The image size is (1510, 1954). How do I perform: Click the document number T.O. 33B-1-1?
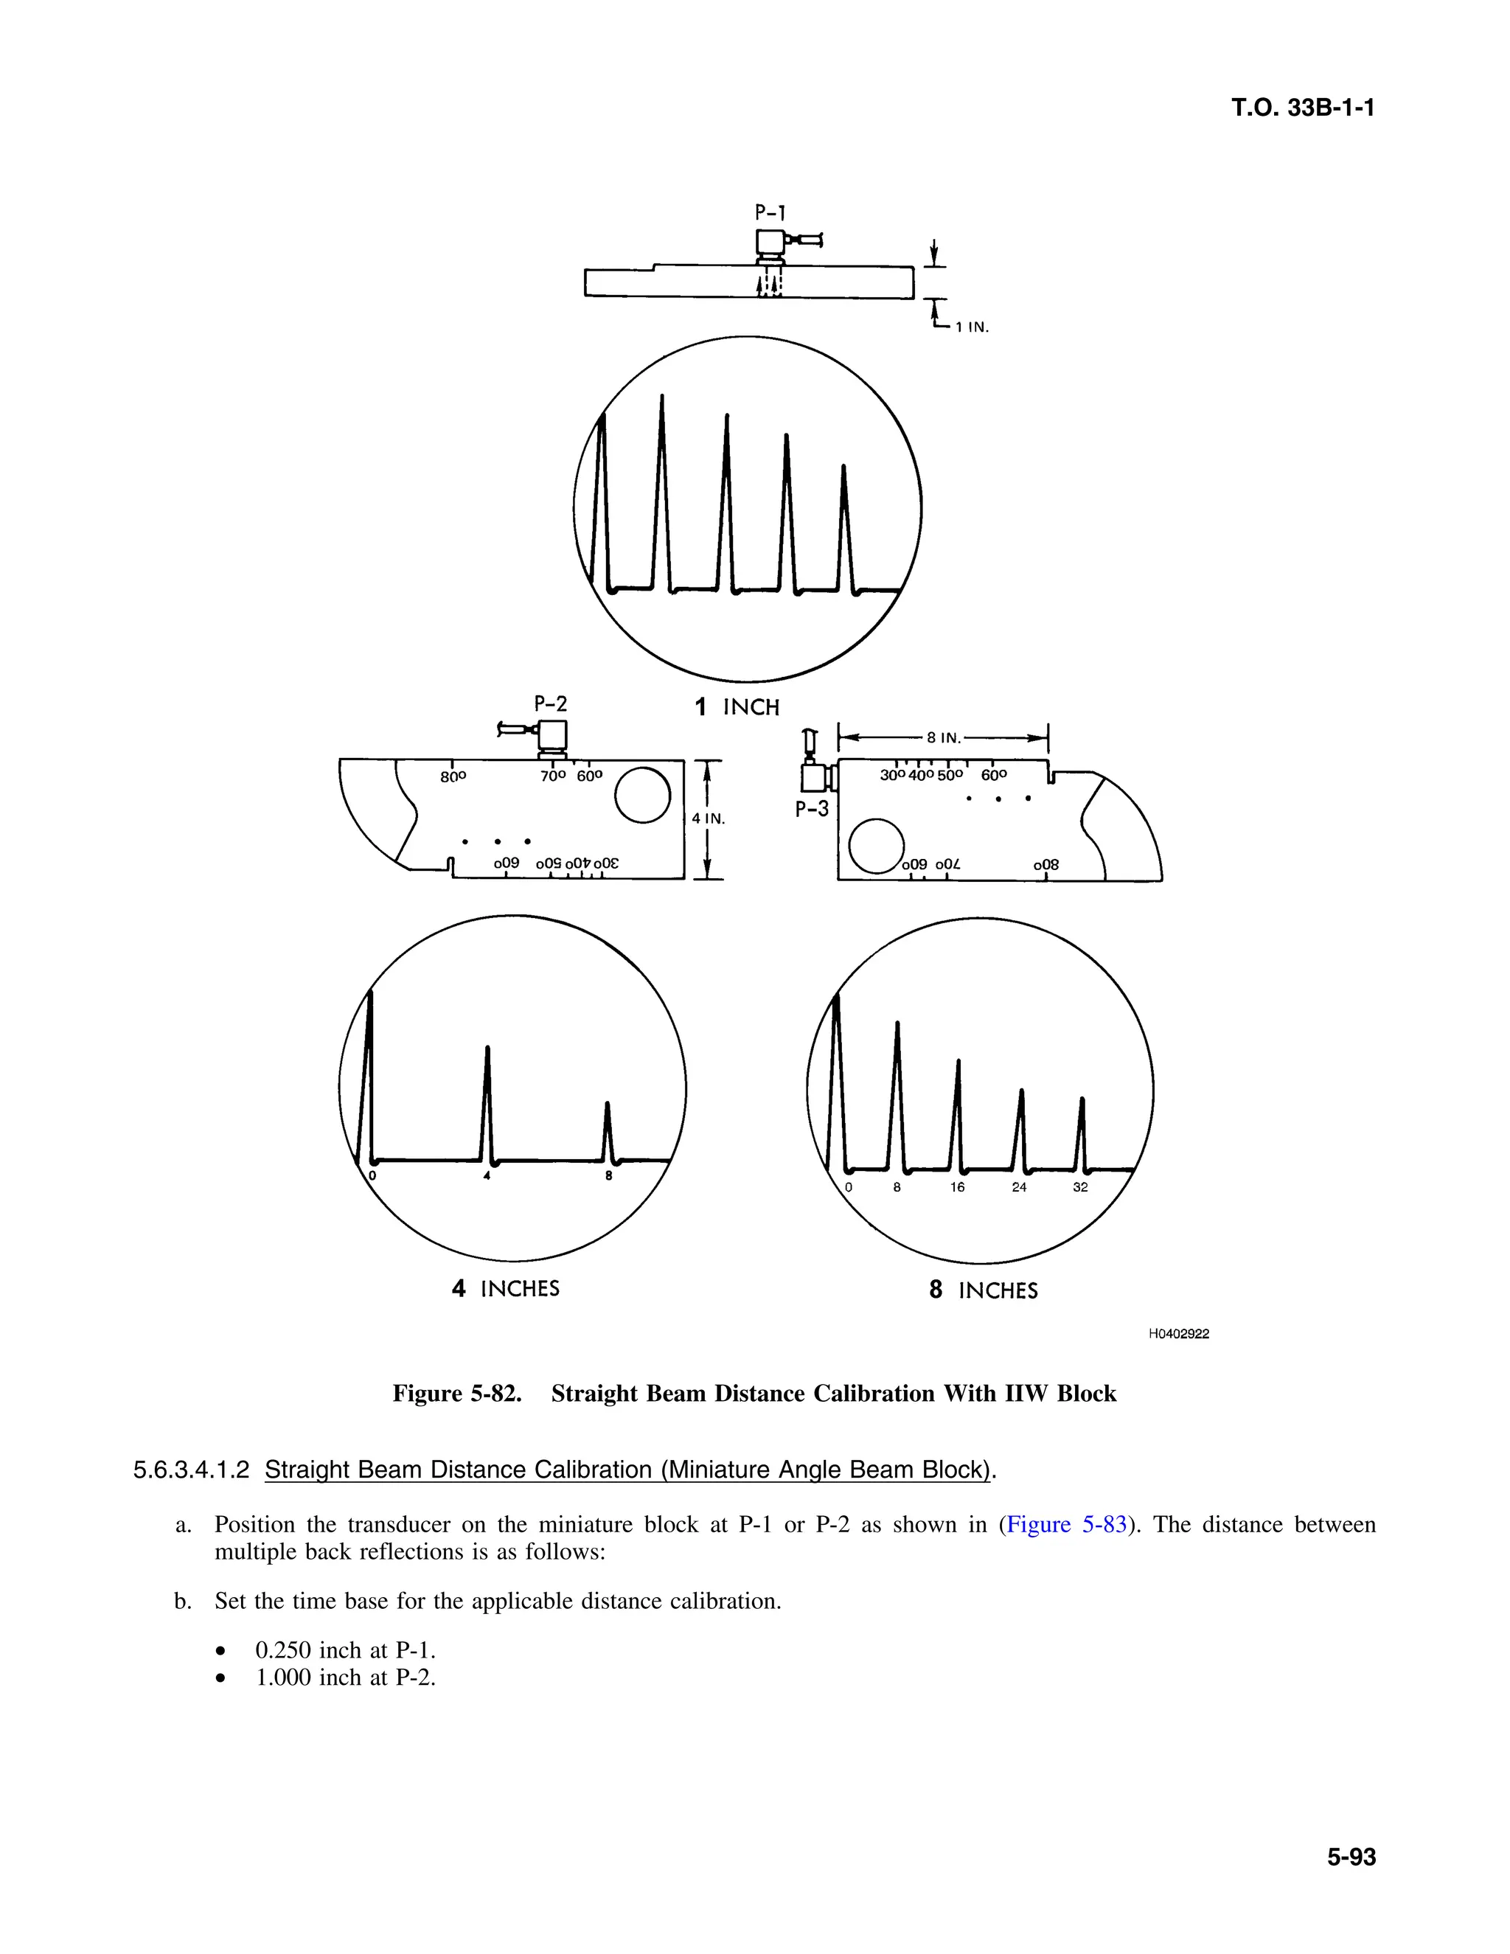pyautogui.click(x=1303, y=108)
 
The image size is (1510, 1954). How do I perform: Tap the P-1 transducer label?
pyautogui.click(x=770, y=213)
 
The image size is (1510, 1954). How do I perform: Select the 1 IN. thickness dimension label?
pyautogui.click(x=972, y=327)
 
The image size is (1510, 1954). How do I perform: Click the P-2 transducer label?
pyautogui.click(x=550, y=704)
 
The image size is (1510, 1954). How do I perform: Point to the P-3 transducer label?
pyautogui.click(x=813, y=810)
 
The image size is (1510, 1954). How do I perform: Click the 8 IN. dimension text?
pyautogui.click(x=943, y=738)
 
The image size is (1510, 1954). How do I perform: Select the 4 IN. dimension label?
pyautogui.click(x=709, y=818)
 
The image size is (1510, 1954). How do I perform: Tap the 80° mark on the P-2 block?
pyautogui.click(x=453, y=776)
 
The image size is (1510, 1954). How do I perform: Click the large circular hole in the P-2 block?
pyautogui.click(x=643, y=796)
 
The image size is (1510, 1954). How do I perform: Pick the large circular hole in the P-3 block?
pyautogui.click(x=877, y=846)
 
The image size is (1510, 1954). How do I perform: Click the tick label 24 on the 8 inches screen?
pyautogui.click(x=1019, y=1187)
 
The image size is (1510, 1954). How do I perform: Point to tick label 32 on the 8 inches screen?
pyautogui.click(x=1081, y=1187)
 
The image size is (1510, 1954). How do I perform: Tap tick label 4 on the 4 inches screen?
pyautogui.click(x=487, y=1177)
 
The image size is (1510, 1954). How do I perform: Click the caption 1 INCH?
pyautogui.click(x=737, y=708)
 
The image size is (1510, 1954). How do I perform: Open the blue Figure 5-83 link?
pyautogui.click(x=1065, y=1525)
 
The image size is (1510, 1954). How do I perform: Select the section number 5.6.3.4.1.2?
pyautogui.click(x=190, y=1470)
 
